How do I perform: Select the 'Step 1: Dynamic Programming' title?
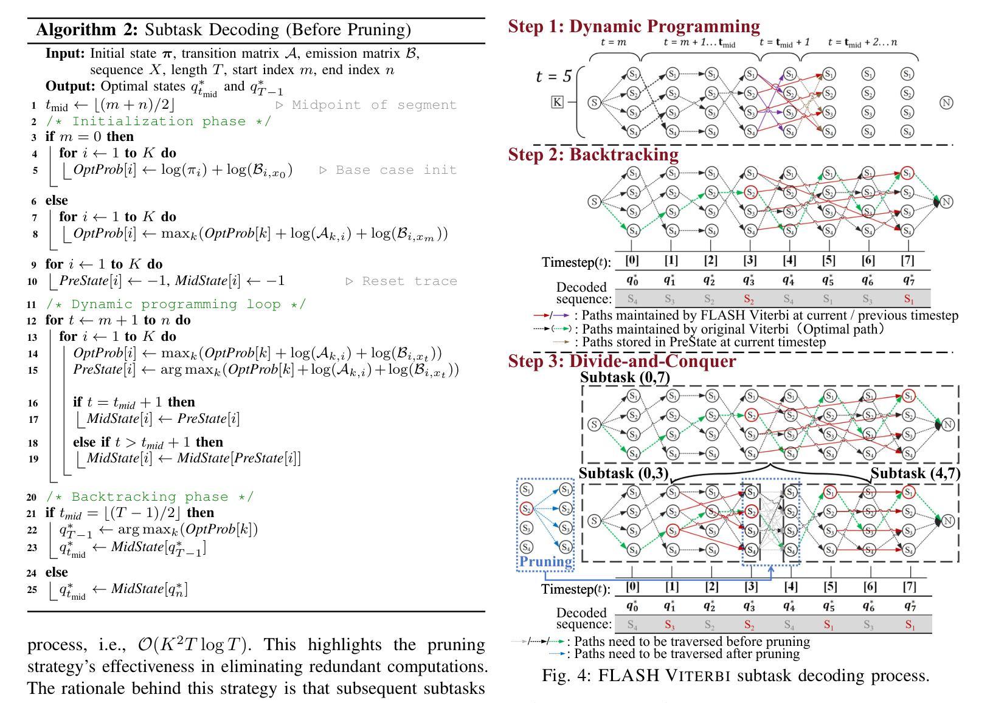634,26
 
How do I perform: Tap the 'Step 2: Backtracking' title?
593,154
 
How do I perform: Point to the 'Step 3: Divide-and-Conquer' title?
621,361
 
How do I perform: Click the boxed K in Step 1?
558,101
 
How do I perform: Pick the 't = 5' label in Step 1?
553,77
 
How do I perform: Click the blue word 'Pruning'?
545,561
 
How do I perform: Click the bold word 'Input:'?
65,53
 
